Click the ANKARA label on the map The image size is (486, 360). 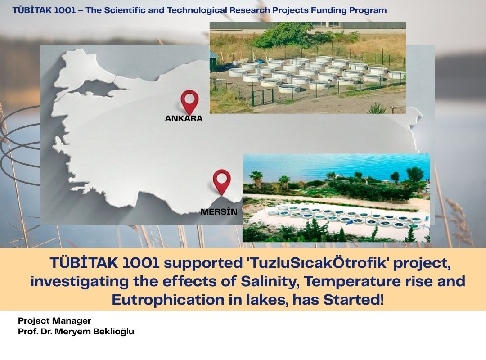[184, 118]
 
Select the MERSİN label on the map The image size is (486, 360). [219, 211]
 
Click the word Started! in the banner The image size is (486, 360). [354, 300]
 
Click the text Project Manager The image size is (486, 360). [54, 320]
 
